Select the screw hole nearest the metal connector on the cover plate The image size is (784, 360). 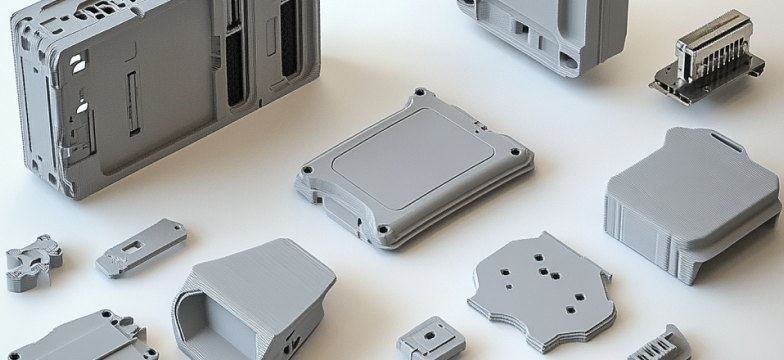515,152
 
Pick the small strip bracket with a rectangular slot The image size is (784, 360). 141,247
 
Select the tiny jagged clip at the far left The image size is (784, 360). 31,262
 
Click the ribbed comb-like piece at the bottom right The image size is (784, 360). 660,345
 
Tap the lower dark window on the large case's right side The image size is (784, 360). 236,80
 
